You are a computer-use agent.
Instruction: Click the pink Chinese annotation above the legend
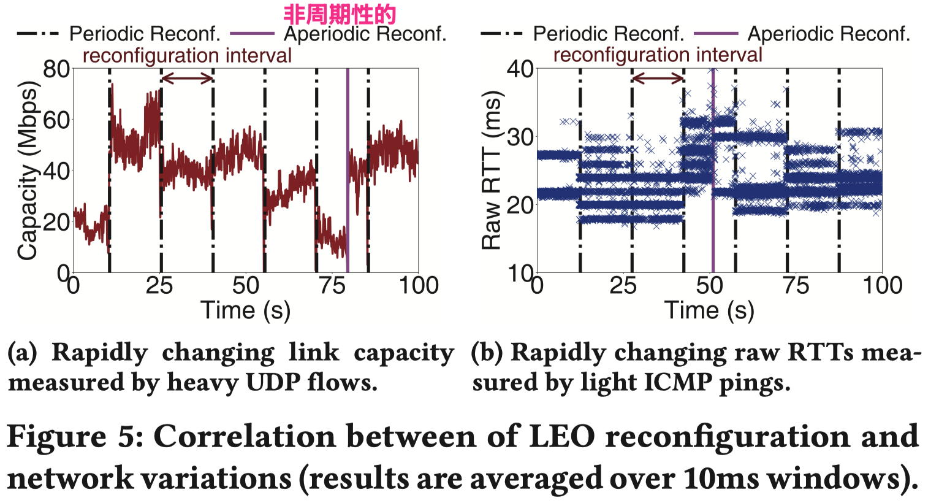click(x=340, y=13)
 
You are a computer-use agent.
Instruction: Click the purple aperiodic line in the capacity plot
click(x=348, y=172)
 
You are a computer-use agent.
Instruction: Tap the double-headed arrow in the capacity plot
click(x=187, y=78)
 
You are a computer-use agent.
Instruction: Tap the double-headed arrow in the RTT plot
click(x=658, y=78)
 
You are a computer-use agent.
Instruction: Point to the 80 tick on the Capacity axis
click(x=56, y=69)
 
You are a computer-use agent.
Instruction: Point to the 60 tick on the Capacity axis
click(x=56, y=120)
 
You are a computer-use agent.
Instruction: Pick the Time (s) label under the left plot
click(x=245, y=310)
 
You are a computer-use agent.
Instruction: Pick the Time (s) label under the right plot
click(x=709, y=310)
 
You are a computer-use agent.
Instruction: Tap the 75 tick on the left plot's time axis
click(x=332, y=286)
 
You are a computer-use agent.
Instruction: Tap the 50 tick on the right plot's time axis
click(x=709, y=286)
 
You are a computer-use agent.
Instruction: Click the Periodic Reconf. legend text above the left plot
click(x=145, y=34)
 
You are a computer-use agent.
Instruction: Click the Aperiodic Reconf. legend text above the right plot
click(x=829, y=34)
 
